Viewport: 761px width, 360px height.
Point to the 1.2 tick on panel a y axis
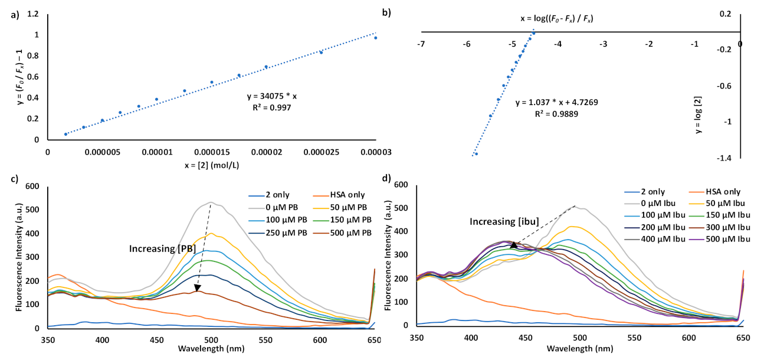click(x=32, y=14)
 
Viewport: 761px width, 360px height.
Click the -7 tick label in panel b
click(x=421, y=44)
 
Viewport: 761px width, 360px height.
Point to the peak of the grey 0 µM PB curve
click(x=294, y=202)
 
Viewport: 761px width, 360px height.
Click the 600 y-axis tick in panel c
click(x=30, y=186)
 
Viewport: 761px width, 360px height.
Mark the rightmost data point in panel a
click(x=375, y=38)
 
